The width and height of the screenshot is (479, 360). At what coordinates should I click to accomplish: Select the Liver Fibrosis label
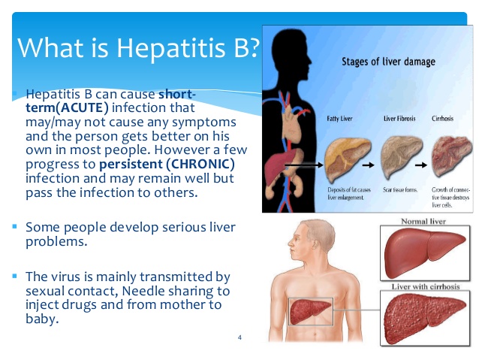(401, 119)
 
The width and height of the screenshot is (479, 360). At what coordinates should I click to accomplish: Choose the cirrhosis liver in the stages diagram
(450, 156)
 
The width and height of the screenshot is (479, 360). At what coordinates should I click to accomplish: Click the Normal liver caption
(423, 223)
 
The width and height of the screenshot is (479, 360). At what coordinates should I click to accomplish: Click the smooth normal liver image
(424, 255)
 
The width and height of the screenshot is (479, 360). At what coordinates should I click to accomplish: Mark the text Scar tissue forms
(400, 191)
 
